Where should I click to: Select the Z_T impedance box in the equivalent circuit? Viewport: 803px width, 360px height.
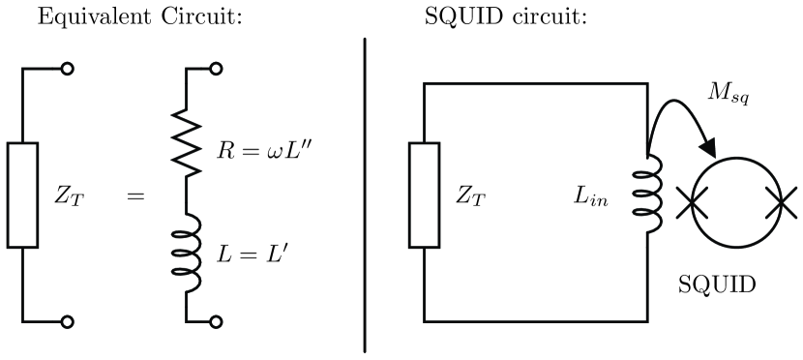coord(23,195)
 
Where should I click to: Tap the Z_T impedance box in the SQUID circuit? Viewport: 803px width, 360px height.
coord(424,195)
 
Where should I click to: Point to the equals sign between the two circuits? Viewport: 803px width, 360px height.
coord(134,196)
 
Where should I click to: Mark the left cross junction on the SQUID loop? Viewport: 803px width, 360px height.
coord(689,204)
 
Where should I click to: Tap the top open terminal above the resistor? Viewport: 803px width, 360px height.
coord(217,70)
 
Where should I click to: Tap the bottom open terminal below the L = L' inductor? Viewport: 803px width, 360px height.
coord(217,321)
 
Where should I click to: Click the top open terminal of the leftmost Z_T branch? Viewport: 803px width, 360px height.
coord(66,70)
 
